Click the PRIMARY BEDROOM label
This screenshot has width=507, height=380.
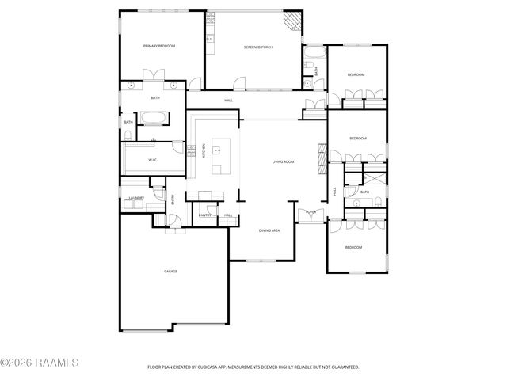[159, 47]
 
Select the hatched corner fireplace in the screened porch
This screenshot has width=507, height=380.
[293, 20]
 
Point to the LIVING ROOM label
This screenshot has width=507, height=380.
[283, 162]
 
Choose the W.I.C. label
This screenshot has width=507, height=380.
[154, 160]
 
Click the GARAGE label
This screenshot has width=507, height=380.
[170, 272]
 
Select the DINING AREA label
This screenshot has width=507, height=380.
[269, 230]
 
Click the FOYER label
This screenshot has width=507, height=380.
[311, 212]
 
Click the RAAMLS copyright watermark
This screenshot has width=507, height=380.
[39, 363]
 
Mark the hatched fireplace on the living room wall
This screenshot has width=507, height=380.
[321, 158]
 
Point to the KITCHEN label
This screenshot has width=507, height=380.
[204, 150]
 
